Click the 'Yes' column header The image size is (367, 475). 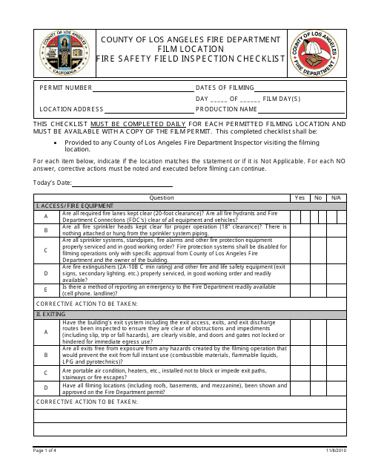[x=300, y=198]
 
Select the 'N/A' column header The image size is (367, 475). [x=336, y=198]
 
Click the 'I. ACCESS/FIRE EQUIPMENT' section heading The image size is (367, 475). [x=75, y=206]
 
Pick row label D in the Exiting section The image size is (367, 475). [x=46, y=387]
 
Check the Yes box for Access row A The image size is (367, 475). [x=300, y=216]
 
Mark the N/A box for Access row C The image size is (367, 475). [x=336, y=250]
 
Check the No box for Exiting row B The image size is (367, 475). [x=319, y=356]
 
